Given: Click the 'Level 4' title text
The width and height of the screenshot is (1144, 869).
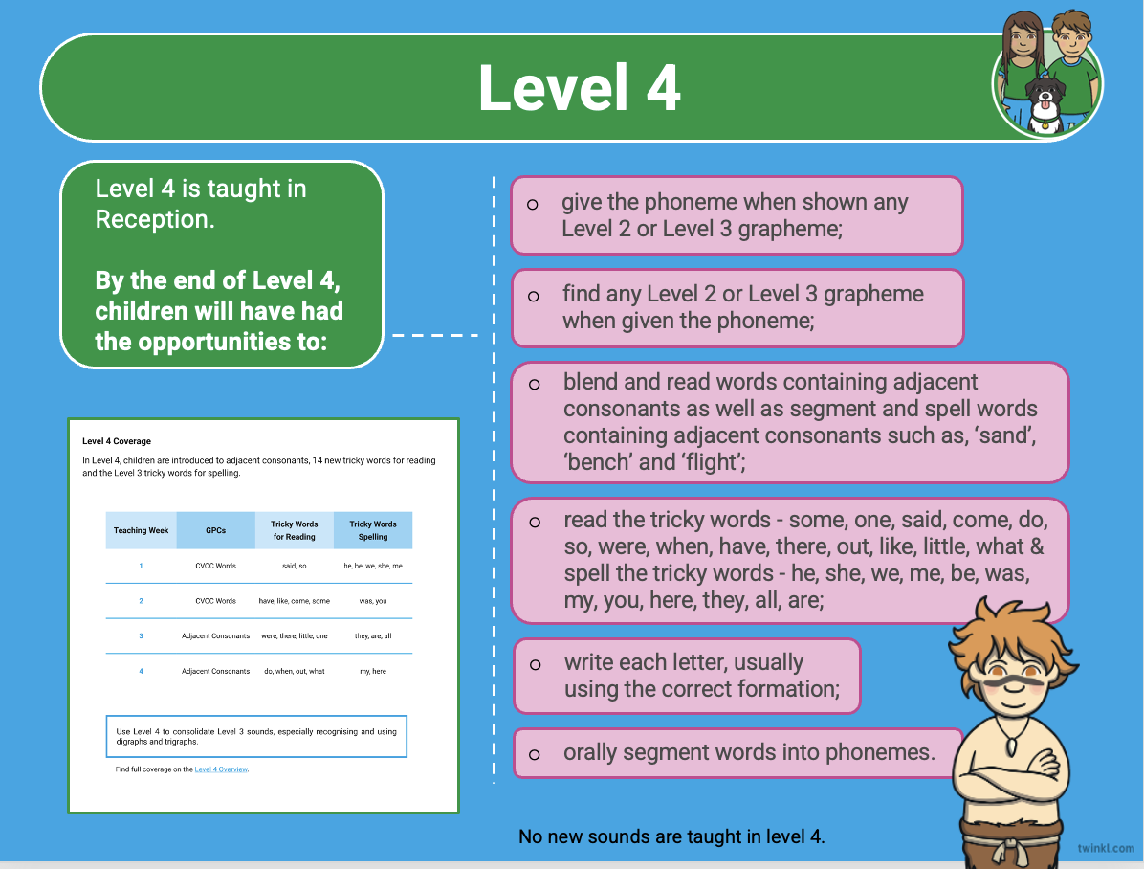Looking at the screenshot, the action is point(580,88).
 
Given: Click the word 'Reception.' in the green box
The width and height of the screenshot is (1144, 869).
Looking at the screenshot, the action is point(155,219).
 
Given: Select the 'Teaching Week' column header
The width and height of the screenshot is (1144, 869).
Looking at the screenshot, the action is point(141,530).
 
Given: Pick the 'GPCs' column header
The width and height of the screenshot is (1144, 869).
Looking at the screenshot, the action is point(215,530).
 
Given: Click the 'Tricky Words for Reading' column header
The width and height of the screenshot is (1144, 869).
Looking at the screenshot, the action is point(294,530).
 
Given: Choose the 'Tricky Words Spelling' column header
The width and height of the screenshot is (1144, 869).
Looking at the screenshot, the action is point(373,530).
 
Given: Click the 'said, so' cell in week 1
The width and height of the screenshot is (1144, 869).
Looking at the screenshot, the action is point(294,566).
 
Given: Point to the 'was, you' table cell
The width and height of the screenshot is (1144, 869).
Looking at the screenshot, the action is point(373,601).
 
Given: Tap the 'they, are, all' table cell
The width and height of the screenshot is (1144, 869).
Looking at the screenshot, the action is point(373,636).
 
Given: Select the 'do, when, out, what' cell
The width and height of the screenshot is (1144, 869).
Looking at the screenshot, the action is point(294,671).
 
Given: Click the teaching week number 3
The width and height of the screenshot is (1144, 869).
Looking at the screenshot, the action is point(141,636).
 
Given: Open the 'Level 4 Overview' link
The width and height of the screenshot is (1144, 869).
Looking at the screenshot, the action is point(221,769).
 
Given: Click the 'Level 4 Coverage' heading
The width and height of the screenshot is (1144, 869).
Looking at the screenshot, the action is point(117,441).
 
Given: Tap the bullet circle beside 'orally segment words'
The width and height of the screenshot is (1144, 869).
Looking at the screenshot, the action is point(534,755).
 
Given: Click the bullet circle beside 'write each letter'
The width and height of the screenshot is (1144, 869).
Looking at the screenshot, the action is point(535,665).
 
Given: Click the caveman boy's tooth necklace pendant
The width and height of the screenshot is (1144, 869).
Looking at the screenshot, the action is point(1012,746).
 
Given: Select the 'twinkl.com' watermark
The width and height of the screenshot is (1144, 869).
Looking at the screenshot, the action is point(1106,848).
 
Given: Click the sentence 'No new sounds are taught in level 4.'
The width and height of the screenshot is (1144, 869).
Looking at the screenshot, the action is point(671,836).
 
